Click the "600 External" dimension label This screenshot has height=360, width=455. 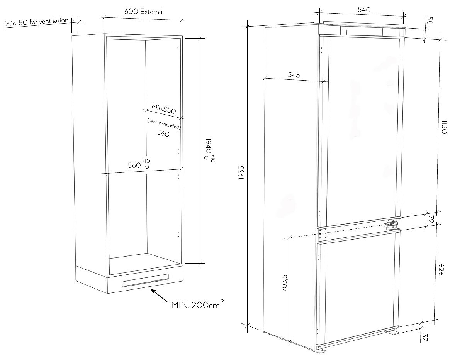pyautogui.click(x=144, y=11)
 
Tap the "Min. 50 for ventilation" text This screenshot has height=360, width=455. pyautogui.click(x=37, y=22)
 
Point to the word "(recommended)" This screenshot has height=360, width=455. pyautogui.click(x=164, y=123)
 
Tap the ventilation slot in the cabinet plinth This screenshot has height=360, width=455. pyautogui.click(x=146, y=280)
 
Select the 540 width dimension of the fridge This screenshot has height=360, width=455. pyautogui.click(x=364, y=10)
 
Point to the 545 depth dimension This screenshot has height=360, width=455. pyautogui.click(x=294, y=74)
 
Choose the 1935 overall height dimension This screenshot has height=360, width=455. pyautogui.click(x=241, y=173)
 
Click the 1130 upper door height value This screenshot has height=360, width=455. pyautogui.click(x=444, y=127)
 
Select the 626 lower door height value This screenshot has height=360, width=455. pyautogui.click(x=441, y=269)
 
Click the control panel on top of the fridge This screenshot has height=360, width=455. pyautogui.click(x=361, y=31)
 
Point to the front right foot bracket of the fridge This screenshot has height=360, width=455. pyautogui.click(x=392, y=333)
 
